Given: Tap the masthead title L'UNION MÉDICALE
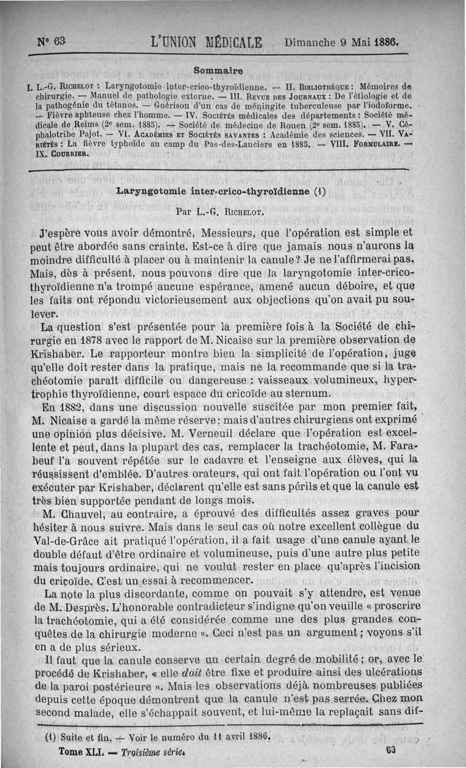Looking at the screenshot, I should (x=207, y=43).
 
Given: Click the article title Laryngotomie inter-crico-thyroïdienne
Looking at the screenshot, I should (x=220, y=191).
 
